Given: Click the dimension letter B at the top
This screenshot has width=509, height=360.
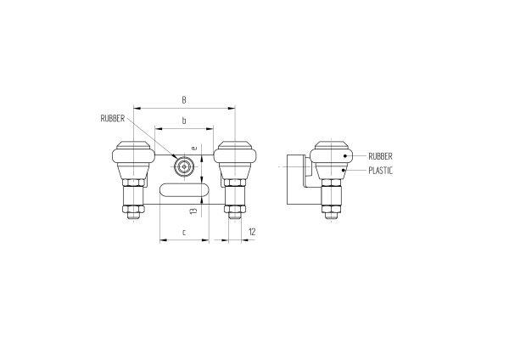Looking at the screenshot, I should click(184, 100).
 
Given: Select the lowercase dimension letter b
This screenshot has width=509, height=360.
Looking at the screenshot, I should click(184, 121).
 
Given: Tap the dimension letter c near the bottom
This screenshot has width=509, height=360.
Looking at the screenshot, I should click(184, 232).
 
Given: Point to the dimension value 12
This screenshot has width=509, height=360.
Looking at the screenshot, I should click(252, 231).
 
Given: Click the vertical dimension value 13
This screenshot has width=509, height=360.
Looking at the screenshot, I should click(194, 211).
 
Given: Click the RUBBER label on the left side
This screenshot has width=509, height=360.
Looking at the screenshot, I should click(113, 119).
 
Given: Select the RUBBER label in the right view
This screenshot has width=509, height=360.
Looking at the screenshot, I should click(380, 156).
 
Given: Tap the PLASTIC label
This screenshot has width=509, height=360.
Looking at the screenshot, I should click(382, 171).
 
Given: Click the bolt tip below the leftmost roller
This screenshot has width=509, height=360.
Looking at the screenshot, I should click(133, 218).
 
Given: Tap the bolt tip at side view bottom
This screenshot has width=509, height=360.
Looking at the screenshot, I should click(331, 218).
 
